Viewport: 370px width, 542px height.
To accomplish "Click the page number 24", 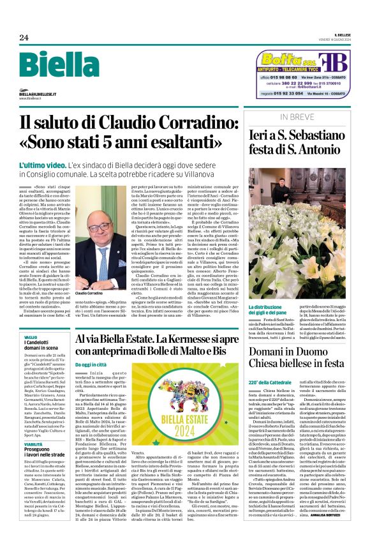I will click(24, 38).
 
